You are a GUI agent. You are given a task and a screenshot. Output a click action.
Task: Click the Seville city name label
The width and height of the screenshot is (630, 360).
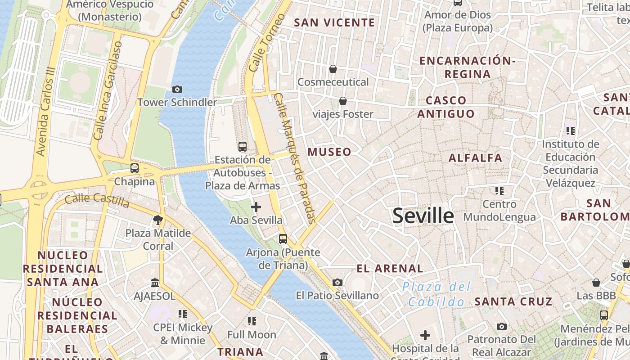pyautogui.click(x=423, y=216)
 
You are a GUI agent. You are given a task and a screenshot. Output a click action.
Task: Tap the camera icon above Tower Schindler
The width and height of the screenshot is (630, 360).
pyautogui.click(x=177, y=89)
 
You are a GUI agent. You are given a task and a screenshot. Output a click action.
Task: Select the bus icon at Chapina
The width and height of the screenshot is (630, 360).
pyautogui.click(x=134, y=168)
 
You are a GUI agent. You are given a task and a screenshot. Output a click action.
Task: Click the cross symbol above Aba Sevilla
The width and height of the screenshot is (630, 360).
pyautogui.click(x=256, y=207)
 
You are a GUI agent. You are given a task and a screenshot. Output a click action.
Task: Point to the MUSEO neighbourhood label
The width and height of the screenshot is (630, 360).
pyautogui.click(x=329, y=152)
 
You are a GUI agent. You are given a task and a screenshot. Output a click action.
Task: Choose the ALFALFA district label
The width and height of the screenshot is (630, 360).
pyautogui.click(x=475, y=158)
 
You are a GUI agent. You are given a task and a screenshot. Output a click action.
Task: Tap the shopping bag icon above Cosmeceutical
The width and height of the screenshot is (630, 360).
pyautogui.click(x=333, y=69)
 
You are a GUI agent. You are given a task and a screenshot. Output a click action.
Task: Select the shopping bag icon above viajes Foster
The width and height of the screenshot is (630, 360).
pyautogui.click(x=343, y=101)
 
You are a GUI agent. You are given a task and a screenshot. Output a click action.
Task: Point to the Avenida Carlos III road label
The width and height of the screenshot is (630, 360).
pyautogui.click(x=47, y=112)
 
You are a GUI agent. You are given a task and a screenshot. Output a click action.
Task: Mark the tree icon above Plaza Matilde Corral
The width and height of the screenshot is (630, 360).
pyautogui.click(x=157, y=220)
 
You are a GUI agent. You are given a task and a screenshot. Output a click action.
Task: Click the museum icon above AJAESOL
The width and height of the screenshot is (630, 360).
pyautogui.click(x=155, y=283)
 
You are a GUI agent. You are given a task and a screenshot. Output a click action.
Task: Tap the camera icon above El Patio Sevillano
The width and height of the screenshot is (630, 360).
pyautogui.click(x=337, y=282)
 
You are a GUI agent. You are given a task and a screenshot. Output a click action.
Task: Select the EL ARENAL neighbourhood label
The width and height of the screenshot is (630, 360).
pyautogui.click(x=390, y=269)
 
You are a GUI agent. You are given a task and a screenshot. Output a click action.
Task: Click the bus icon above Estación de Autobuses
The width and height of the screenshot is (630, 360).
pyautogui.click(x=243, y=146)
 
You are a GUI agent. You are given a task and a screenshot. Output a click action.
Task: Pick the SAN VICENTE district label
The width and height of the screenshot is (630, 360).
pyautogui.click(x=334, y=22)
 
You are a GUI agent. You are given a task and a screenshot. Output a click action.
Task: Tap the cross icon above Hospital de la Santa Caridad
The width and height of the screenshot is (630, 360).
pyautogui.click(x=425, y=335)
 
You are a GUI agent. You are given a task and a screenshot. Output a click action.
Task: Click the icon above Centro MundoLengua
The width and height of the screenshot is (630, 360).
pyautogui.click(x=499, y=191)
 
